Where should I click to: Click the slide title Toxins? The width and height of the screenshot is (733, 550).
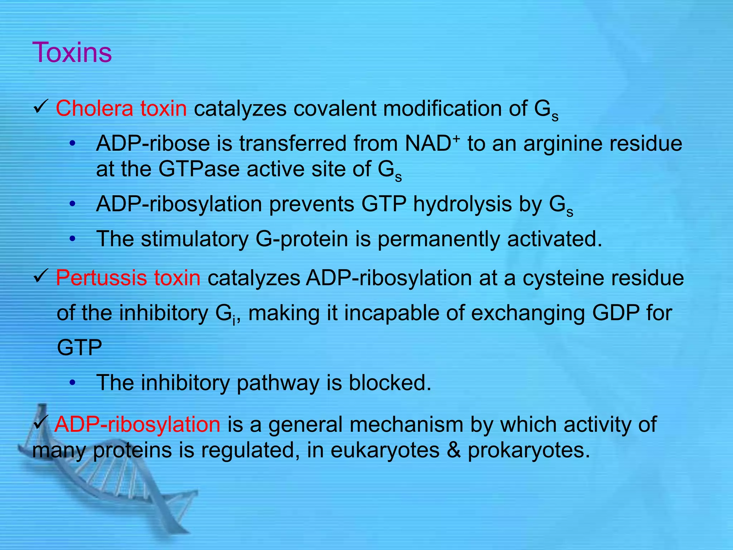pyautogui.click(x=72, y=52)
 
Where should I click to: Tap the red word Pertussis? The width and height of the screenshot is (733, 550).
pyautogui.click(x=101, y=278)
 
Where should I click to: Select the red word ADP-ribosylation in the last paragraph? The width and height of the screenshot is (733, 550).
pyautogui.click(x=137, y=424)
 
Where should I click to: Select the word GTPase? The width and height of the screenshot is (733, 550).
pyautogui.click(x=199, y=169)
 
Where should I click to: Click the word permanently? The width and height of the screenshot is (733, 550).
pyautogui.click(x=438, y=239)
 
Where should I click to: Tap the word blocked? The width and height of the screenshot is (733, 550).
pyautogui.click(x=390, y=382)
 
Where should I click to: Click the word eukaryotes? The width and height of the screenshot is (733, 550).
pyautogui.click(x=385, y=450)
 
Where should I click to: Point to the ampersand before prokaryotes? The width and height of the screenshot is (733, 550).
pyautogui.click(x=454, y=450)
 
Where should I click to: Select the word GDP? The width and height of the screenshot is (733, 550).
pyautogui.click(x=616, y=313)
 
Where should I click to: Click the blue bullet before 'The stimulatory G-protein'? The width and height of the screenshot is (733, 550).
pyautogui.click(x=73, y=238)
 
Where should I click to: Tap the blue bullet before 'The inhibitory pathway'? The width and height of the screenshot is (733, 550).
pyautogui.click(x=73, y=382)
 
